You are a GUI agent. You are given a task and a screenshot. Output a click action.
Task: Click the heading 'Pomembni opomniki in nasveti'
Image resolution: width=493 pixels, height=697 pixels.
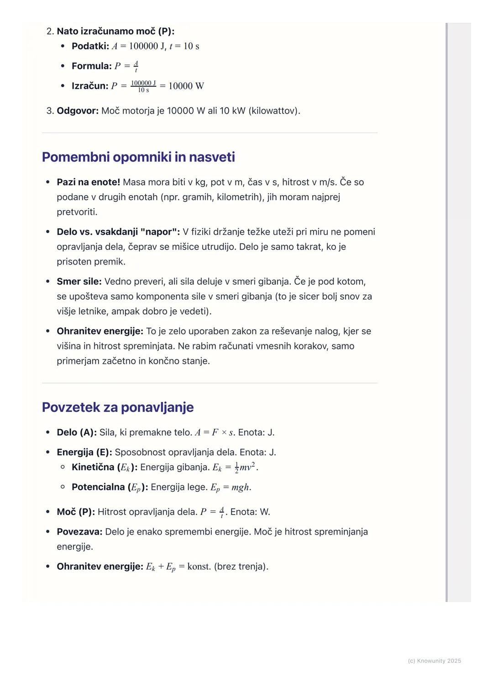[138, 157]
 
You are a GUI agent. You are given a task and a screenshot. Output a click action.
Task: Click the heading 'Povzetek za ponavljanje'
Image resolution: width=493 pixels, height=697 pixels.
[118, 407]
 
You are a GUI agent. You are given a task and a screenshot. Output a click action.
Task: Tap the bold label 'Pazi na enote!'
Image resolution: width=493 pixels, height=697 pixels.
[88, 182]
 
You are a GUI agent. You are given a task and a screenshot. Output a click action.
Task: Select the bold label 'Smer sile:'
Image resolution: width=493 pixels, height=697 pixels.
[79, 281]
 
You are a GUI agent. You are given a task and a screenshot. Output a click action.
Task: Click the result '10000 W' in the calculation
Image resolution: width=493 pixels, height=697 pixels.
[186, 86]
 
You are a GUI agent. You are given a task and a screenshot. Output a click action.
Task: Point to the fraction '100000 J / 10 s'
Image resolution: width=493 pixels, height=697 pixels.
[143, 86]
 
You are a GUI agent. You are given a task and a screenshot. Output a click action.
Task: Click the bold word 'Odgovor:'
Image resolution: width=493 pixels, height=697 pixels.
[78, 111]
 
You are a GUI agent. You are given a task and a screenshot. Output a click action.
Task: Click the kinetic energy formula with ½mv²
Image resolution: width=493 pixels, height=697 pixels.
[235, 468]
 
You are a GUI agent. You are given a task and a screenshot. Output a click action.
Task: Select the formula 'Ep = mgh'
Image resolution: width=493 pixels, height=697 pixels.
[230, 487]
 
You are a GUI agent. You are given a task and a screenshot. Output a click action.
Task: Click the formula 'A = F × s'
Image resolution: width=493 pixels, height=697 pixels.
[214, 432]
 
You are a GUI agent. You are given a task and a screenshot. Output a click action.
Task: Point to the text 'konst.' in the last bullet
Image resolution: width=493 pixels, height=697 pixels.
[199, 567]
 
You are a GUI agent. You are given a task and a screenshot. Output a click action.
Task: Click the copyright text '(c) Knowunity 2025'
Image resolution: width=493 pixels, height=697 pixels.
[434, 661]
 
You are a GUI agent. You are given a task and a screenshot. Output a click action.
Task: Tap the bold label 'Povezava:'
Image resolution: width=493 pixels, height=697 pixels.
[79, 532]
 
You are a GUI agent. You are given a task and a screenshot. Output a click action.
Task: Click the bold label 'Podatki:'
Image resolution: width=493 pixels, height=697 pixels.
[90, 46]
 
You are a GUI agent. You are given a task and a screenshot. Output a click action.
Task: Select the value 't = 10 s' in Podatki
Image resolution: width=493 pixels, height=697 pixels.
[184, 46]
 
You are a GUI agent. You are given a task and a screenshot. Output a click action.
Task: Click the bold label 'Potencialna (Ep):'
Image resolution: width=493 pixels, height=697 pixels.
[110, 487]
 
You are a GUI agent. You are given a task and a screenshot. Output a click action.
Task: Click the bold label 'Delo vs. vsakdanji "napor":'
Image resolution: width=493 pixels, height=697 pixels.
[118, 232]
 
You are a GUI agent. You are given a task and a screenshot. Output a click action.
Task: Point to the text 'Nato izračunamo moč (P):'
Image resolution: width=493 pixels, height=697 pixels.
[115, 31]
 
